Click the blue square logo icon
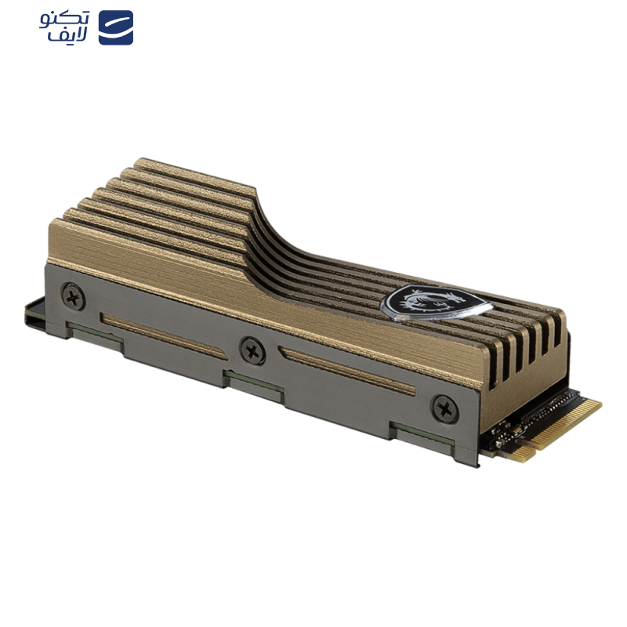pos(116,27)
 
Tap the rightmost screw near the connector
pos(445,408)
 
